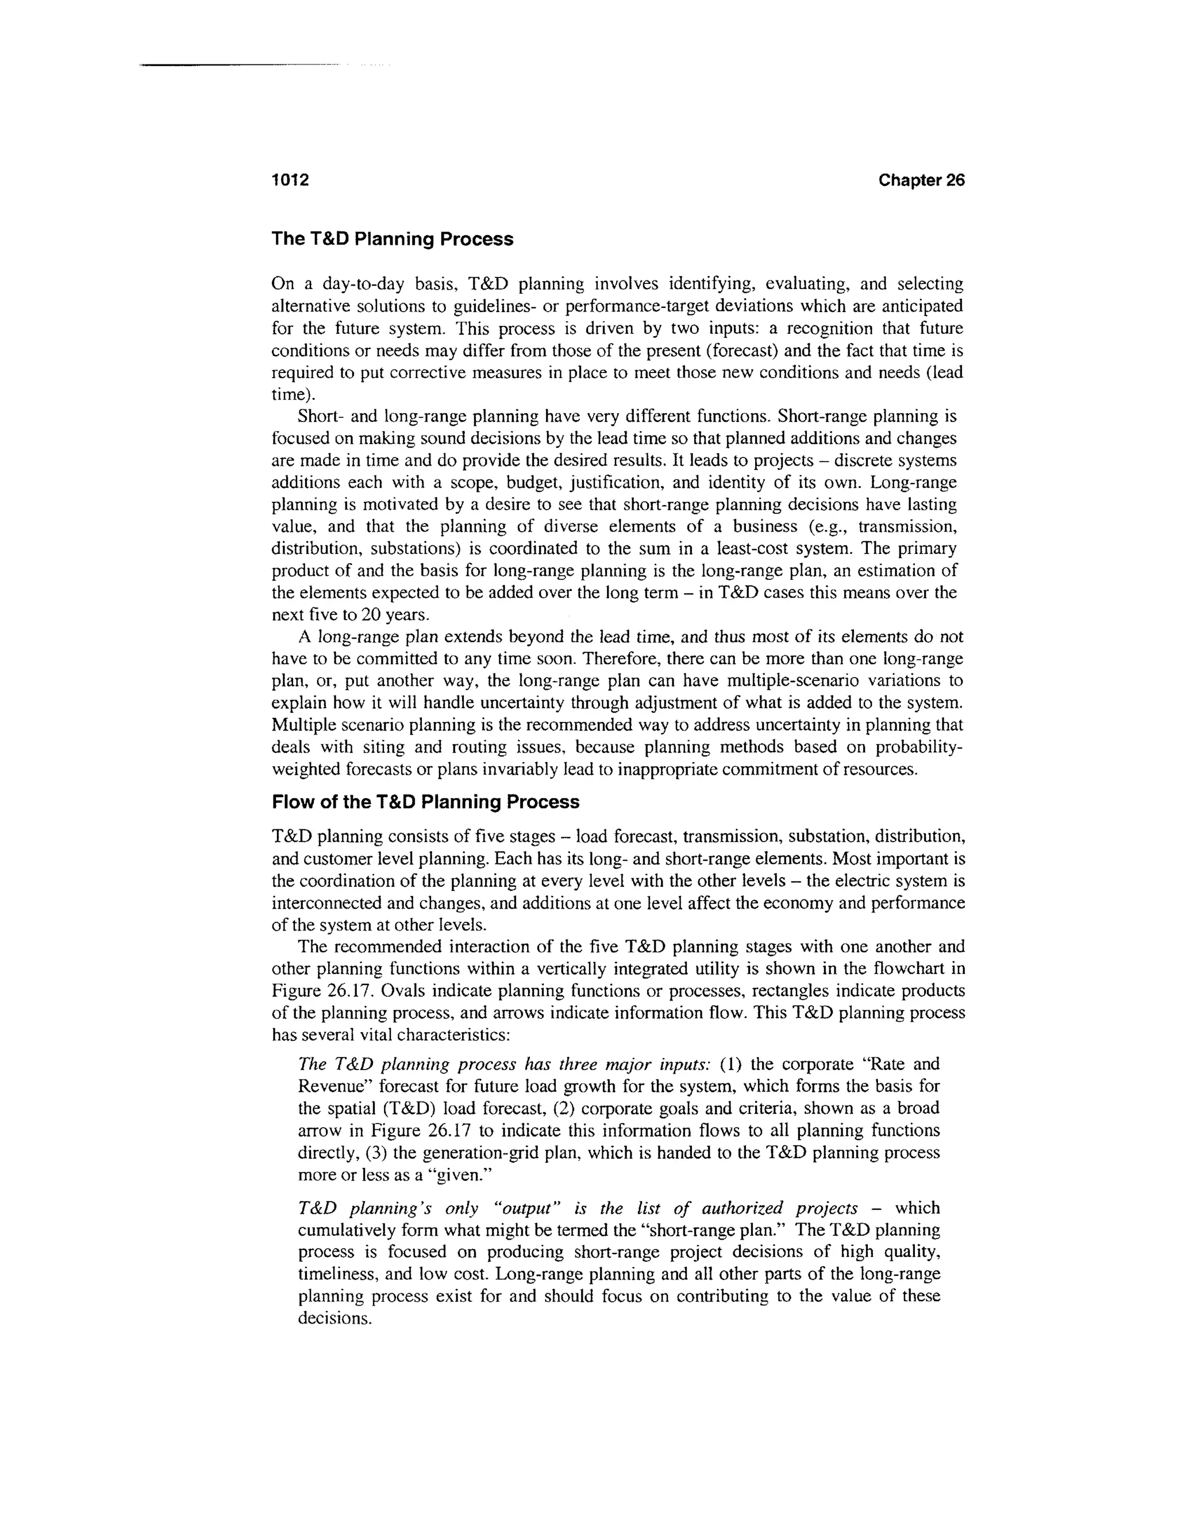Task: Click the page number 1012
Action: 290,180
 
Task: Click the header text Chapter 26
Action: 921,180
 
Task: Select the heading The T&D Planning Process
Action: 392,239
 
